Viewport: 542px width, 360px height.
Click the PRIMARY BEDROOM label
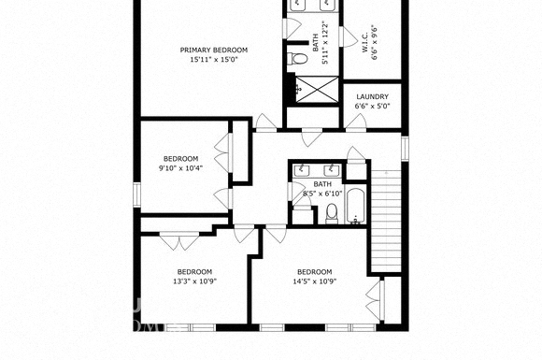tap(214, 50)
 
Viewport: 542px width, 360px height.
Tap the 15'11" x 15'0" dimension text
tap(214, 59)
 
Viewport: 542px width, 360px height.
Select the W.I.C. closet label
tap(365, 44)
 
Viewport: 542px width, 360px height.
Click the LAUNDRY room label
tap(372, 97)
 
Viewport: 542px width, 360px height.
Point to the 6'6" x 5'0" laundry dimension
tap(372, 107)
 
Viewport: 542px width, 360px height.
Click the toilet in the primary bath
tap(297, 59)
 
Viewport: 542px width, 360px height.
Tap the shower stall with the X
tap(318, 90)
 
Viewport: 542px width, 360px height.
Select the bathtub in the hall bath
tap(355, 206)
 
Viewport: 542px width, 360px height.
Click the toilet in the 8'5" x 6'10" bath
tap(332, 213)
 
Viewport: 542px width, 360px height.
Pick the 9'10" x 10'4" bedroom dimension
tap(180, 168)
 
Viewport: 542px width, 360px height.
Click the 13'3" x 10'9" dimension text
tap(194, 281)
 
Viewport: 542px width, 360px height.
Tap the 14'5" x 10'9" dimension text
tap(315, 281)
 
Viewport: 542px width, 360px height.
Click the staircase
tap(386, 222)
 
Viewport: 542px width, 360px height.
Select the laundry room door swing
tap(356, 122)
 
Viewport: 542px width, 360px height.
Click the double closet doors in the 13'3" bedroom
tap(179, 241)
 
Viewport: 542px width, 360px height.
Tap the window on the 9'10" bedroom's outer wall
tap(136, 195)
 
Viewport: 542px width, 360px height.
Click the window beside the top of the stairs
tap(405, 149)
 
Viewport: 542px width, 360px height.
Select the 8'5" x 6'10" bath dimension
tap(322, 194)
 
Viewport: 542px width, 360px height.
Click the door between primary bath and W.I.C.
tap(348, 37)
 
